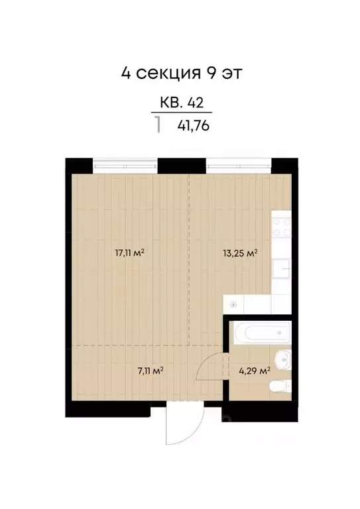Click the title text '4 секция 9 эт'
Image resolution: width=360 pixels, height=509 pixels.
(x=179, y=72)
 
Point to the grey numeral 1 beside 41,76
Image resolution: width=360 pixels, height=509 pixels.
(x=158, y=125)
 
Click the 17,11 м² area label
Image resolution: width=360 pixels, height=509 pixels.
(x=130, y=252)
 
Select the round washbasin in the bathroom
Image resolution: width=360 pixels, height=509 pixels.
(x=284, y=359)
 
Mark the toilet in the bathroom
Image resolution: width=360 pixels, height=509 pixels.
(x=282, y=385)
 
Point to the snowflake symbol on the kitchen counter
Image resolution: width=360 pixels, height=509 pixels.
(x=234, y=304)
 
